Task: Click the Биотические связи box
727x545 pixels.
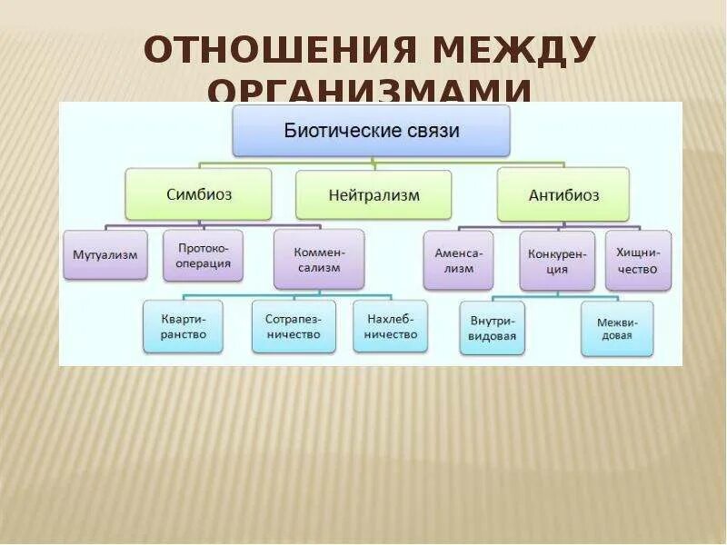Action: [x=372, y=131]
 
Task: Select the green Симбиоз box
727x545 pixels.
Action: [x=198, y=194]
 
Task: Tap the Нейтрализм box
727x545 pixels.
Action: [x=373, y=194]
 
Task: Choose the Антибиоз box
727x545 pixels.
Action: [x=563, y=194]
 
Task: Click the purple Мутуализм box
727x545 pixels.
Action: [x=105, y=254]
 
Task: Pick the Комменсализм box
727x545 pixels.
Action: [x=318, y=260]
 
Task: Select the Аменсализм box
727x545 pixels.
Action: [x=458, y=260]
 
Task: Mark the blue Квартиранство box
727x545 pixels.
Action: [x=184, y=327]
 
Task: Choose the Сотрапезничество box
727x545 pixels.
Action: [x=294, y=327]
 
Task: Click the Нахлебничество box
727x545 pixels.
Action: [x=391, y=327]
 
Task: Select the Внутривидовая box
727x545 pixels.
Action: [x=493, y=328]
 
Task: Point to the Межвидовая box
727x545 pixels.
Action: [x=617, y=329]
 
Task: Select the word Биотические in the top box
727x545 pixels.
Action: [x=342, y=131]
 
